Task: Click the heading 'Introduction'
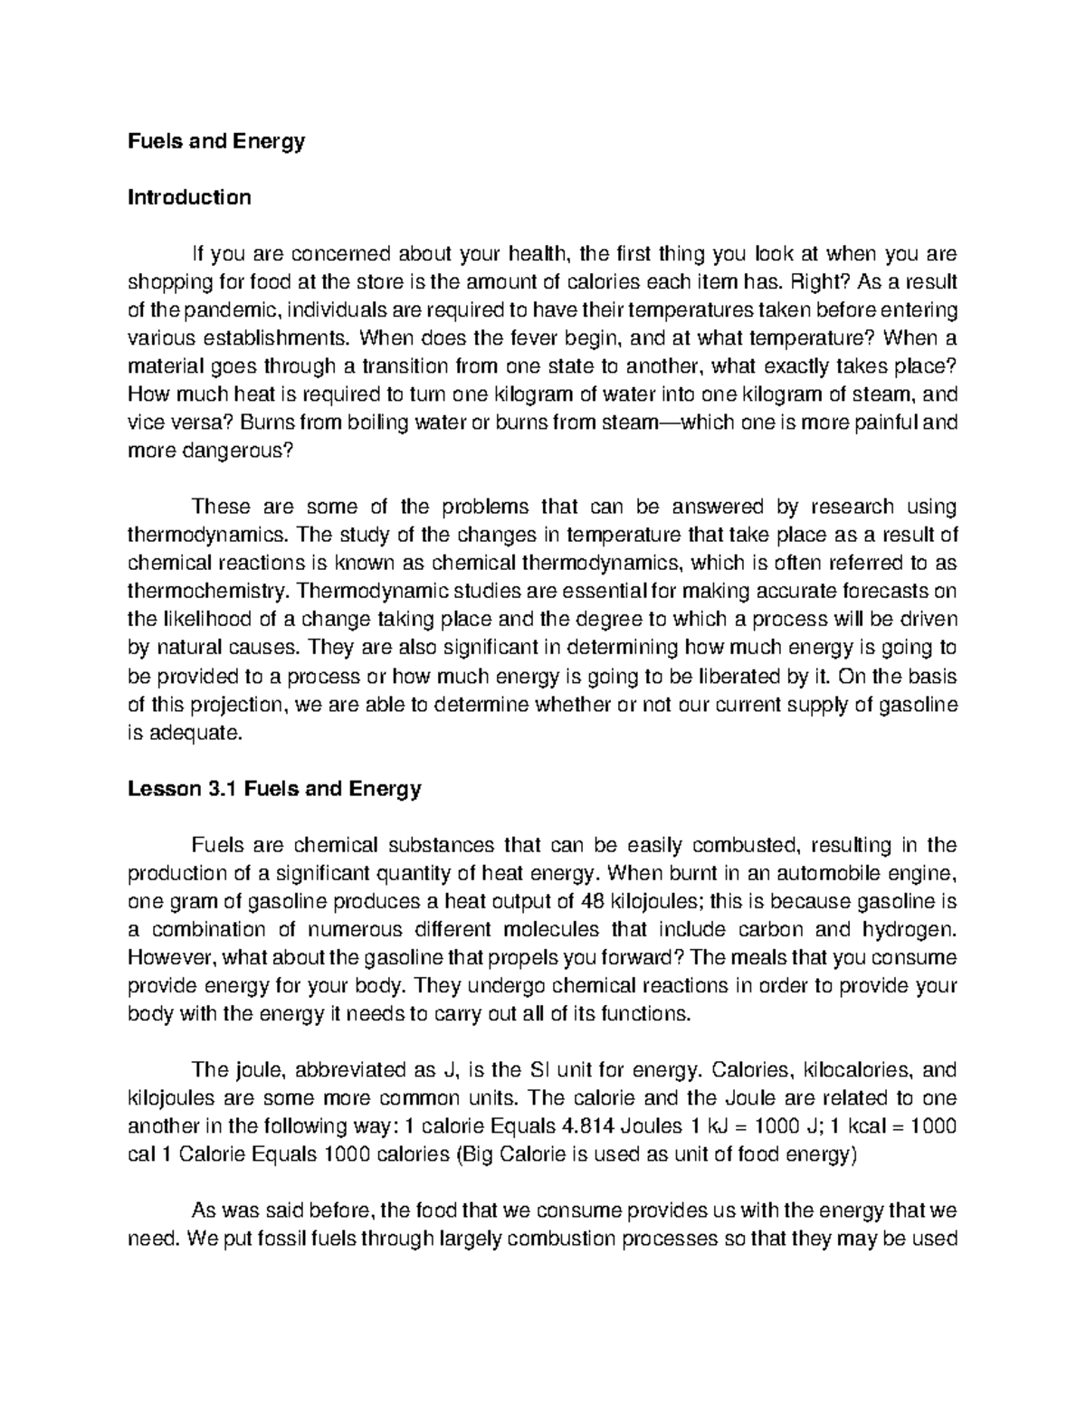pyautogui.click(x=189, y=197)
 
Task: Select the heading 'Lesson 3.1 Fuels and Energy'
pyautogui.click(x=274, y=789)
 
